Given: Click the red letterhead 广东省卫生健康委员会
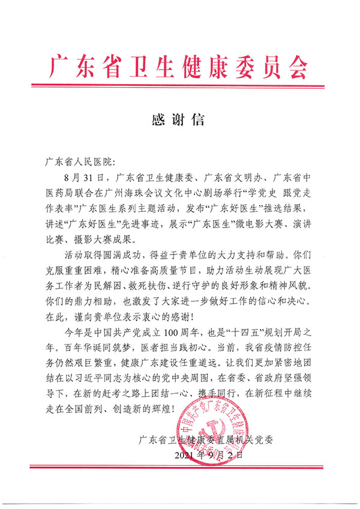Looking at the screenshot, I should tap(180, 65).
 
